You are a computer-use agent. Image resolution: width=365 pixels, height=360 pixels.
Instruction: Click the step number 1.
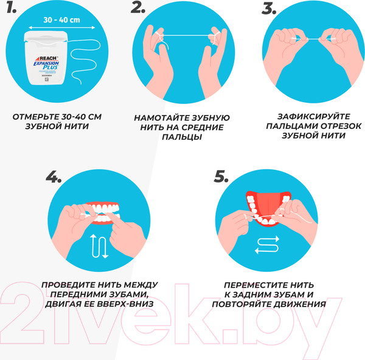[12, 11]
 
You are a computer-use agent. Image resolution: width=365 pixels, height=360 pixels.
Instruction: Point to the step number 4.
[54, 177]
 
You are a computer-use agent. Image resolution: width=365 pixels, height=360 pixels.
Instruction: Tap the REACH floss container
[44, 60]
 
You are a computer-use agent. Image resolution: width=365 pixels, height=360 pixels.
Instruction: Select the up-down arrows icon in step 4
[99, 245]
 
